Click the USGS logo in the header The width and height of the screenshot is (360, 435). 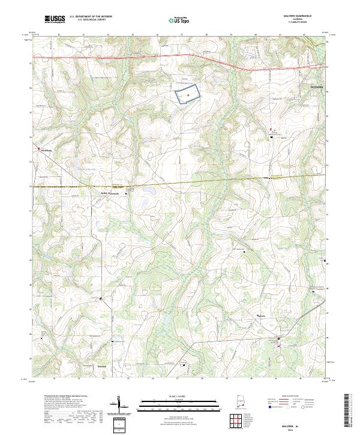click(x=55, y=19)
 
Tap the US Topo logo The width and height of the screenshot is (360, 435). click(x=178, y=19)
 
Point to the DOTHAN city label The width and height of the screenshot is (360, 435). click(x=316, y=88)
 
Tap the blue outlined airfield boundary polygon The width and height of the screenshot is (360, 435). click(x=188, y=95)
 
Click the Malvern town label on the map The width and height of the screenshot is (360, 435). click(x=261, y=316)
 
